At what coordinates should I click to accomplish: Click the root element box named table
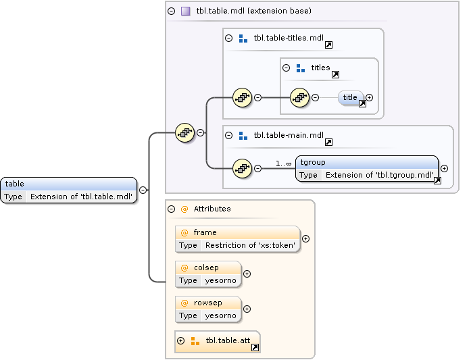[x=68, y=190]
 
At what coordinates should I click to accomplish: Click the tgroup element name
[x=312, y=163]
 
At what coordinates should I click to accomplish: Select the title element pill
[x=350, y=97]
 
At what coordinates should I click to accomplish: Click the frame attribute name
[x=205, y=232]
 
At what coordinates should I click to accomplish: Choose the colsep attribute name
[x=206, y=267]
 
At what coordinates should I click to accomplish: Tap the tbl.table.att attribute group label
[x=226, y=340]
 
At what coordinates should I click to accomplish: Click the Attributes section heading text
[x=212, y=209]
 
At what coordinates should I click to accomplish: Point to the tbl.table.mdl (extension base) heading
[x=253, y=11]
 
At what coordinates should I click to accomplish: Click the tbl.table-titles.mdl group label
[x=289, y=38]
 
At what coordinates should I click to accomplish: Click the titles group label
[x=320, y=68]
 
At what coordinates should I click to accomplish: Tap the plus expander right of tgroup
[x=444, y=168]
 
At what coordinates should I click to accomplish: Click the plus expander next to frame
[x=306, y=238]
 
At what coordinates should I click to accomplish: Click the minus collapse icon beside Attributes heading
[x=172, y=209]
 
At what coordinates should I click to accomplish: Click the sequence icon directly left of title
[x=299, y=97]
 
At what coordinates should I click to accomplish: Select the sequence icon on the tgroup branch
[x=242, y=168]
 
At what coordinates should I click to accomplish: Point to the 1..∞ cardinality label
[x=283, y=163]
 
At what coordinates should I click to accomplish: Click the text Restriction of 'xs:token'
[x=250, y=245]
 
